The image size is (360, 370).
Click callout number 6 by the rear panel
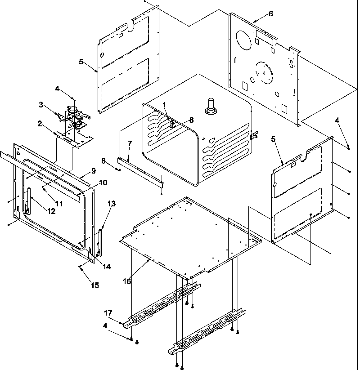[270, 13]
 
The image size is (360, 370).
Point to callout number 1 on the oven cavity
[165, 105]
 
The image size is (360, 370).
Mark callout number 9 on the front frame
[93, 170]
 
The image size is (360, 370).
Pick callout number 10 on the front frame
[103, 183]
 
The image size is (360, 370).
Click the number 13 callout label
[112, 203]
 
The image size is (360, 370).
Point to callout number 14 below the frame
[107, 266]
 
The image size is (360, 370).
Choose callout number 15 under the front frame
[94, 285]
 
